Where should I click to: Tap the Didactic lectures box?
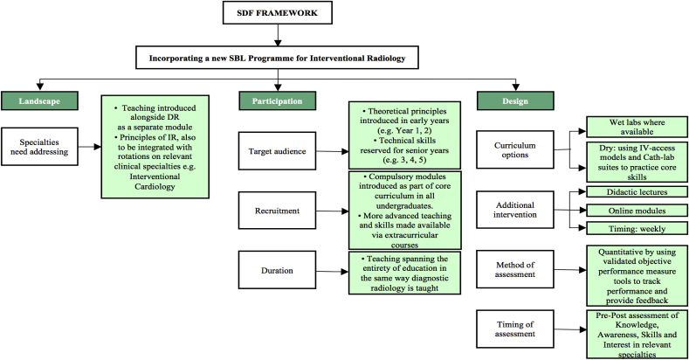pyautogui.click(x=637, y=191)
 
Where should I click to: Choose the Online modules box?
pyautogui.click(x=637, y=210)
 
